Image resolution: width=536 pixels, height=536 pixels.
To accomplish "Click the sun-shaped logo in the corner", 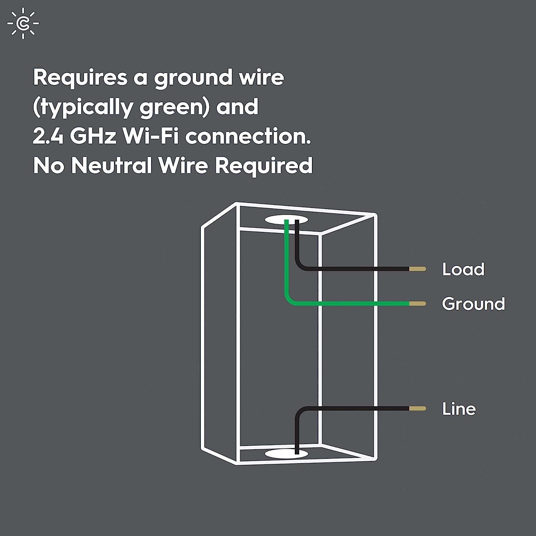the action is (x=23, y=24).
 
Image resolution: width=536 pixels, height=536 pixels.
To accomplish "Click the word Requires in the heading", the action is (x=80, y=78).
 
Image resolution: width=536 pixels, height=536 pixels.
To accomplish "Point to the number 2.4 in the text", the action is (x=48, y=136).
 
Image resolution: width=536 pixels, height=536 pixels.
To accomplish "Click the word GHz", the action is (x=93, y=136).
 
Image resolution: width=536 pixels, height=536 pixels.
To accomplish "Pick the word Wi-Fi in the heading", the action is (x=150, y=136).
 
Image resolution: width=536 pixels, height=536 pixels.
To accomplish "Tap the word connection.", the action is (x=248, y=136).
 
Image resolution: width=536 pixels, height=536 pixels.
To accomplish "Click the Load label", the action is (x=463, y=269).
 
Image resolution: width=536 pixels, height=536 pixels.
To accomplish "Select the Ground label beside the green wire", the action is (x=473, y=304).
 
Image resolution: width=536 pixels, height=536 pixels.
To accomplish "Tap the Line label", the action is (x=459, y=409).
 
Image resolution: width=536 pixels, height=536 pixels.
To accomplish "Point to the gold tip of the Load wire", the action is (x=417, y=269).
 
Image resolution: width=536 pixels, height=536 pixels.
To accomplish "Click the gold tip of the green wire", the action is (x=417, y=304).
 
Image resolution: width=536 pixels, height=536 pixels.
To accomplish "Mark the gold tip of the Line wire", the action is (x=417, y=408).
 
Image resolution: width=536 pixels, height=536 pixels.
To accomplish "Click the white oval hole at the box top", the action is (x=286, y=220).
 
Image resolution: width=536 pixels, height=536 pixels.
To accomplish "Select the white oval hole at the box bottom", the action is (x=286, y=454).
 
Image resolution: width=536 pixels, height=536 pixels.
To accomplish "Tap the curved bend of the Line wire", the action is (x=299, y=411).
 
